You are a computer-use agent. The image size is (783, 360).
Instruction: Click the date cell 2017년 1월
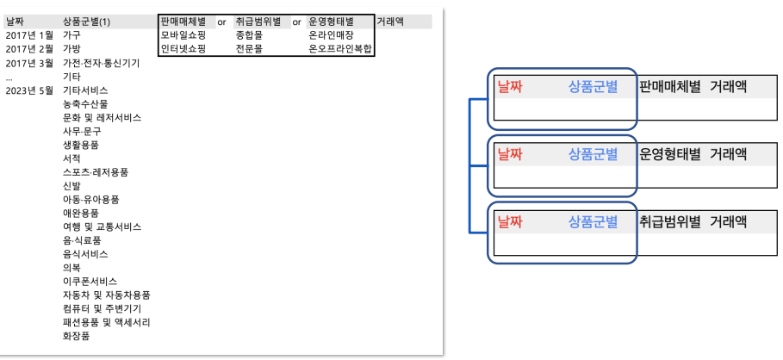point(29,35)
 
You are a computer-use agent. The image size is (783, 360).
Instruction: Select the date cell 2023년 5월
point(29,90)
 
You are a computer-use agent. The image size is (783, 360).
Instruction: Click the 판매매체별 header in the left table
point(183,21)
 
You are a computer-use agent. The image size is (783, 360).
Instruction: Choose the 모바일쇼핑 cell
point(183,35)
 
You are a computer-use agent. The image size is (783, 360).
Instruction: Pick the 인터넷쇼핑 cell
point(183,49)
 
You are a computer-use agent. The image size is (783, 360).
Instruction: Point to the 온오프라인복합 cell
point(339,49)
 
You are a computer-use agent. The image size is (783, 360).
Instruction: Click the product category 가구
point(71,35)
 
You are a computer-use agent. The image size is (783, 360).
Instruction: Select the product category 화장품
point(76,336)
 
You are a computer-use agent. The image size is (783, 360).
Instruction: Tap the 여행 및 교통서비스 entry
point(102,227)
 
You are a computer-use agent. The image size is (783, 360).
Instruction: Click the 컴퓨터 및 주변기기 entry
point(102,308)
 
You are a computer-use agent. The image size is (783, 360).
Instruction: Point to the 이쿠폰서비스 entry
point(90,281)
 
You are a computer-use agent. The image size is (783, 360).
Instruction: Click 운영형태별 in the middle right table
point(670,155)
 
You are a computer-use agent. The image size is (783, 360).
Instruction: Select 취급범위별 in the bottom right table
point(670,222)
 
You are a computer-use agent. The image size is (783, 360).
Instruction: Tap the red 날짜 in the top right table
point(510,87)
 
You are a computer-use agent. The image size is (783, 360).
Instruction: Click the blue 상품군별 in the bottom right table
point(593,222)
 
